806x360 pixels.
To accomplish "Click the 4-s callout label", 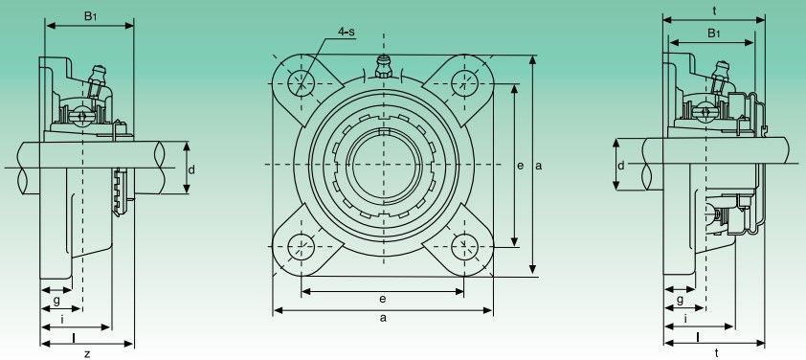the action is (346, 32).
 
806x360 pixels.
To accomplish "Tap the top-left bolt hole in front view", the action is (301, 83).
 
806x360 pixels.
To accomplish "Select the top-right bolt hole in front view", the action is (464, 83).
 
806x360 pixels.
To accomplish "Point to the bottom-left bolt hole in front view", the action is (301, 247).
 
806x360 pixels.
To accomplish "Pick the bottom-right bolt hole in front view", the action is (464, 247).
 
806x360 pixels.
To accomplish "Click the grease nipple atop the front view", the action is (384, 66).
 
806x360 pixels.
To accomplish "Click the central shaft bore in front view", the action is (383, 165).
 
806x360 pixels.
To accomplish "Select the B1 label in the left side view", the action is (91, 16).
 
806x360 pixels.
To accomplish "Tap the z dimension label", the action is (87, 353).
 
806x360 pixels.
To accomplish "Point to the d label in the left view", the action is (191, 169).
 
